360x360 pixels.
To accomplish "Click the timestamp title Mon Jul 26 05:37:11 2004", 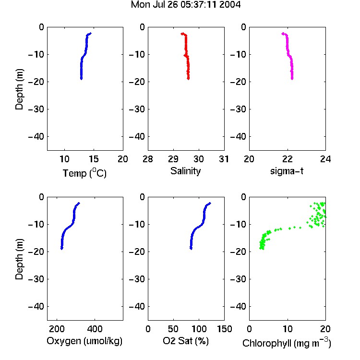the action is (x=185, y=4).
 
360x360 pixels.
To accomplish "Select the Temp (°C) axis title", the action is (x=84, y=173).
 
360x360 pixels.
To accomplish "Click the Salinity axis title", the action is (x=185, y=171).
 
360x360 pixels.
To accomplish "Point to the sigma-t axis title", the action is (x=287, y=171).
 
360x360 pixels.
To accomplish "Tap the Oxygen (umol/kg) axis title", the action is (x=84, y=341).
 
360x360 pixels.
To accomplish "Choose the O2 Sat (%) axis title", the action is (x=186, y=341).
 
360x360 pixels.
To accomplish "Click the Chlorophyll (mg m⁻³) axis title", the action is (x=287, y=343).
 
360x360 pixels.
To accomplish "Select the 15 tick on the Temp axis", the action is (x=94, y=159).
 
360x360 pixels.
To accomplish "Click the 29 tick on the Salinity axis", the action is (x=173, y=159).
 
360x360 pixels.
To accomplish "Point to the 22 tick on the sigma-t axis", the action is (x=288, y=159).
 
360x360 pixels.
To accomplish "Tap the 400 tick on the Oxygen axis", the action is (x=95, y=329).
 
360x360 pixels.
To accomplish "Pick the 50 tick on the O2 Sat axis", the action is (x=173, y=329).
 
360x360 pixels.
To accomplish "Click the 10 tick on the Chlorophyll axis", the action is (x=288, y=329).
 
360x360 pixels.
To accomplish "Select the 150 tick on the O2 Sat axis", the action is (x=225, y=329).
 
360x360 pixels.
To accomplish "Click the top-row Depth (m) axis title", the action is (x=19, y=89).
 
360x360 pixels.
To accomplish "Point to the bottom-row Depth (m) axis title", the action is (x=19, y=259).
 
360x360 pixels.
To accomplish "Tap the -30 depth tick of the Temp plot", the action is (x=36, y=109).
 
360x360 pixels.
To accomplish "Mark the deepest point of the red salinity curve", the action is (x=188, y=79).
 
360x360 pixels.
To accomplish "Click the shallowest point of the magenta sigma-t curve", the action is (x=283, y=34).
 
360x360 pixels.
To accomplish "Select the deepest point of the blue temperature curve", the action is (x=81, y=79).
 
